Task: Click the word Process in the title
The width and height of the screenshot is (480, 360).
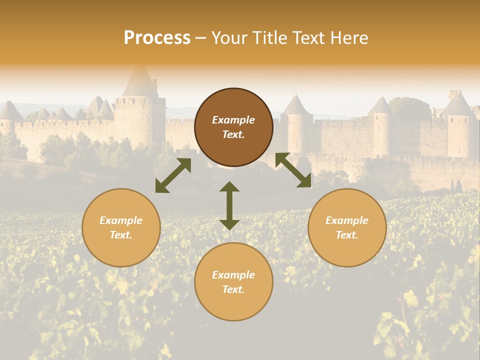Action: click(157, 38)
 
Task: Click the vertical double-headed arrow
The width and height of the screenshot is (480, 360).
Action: click(229, 206)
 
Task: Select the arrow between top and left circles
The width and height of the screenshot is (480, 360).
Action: click(173, 175)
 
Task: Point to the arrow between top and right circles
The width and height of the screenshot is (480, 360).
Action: click(293, 170)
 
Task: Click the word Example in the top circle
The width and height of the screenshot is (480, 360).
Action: click(233, 120)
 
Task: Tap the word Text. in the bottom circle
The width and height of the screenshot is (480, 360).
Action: click(233, 289)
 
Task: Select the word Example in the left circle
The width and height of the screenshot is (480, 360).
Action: click(121, 220)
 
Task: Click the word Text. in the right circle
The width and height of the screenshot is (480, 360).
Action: click(347, 235)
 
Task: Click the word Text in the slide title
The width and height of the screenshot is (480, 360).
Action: click(305, 38)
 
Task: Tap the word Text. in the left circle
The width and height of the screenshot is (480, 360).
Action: click(121, 235)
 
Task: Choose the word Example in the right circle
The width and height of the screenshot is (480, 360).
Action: click(347, 220)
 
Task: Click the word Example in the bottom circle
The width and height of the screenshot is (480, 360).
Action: click(233, 275)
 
